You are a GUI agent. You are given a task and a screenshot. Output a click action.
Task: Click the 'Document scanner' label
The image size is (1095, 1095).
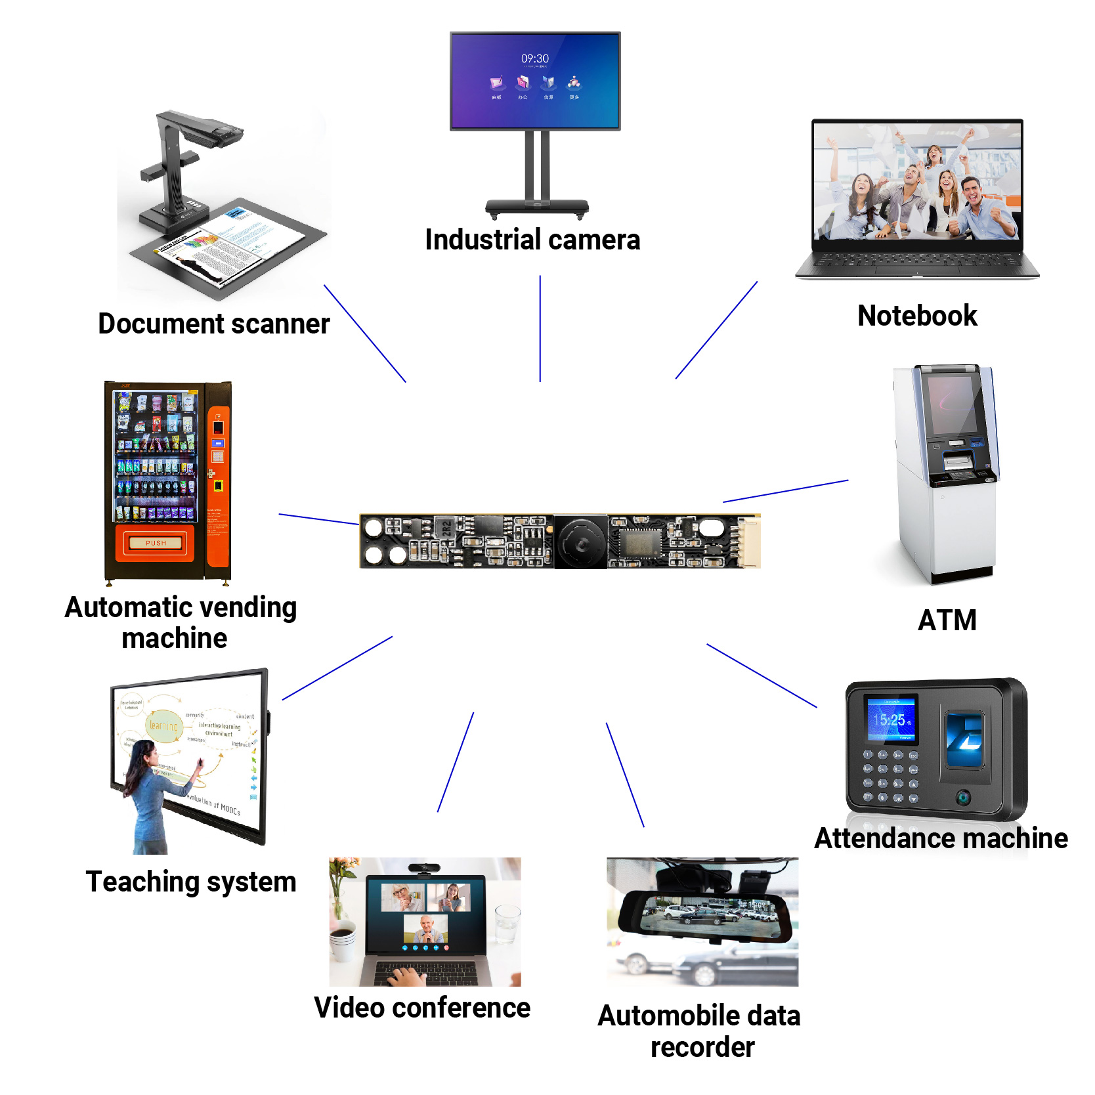[214, 324]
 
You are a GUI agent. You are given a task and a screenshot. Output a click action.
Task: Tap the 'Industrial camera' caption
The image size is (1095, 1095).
[532, 240]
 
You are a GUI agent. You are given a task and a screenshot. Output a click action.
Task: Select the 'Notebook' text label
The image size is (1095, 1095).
[917, 316]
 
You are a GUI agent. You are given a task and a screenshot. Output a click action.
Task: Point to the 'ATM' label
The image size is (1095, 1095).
[947, 620]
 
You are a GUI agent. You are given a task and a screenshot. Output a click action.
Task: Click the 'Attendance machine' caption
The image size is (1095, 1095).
[941, 838]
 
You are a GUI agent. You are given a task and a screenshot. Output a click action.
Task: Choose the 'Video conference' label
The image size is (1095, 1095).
[422, 1008]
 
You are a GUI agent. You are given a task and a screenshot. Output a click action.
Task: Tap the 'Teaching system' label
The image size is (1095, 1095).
[191, 882]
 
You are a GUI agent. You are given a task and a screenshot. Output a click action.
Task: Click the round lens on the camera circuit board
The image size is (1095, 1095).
[581, 542]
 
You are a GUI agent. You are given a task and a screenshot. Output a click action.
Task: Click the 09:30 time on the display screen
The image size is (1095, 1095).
[535, 59]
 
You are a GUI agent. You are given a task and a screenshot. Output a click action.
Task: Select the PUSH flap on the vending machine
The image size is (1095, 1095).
[156, 543]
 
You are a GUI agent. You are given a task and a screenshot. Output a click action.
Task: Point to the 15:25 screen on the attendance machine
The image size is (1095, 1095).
[891, 719]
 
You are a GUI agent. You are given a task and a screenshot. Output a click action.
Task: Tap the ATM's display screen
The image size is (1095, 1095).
[951, 403]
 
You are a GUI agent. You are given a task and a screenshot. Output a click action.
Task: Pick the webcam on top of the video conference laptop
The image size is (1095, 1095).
[423, 869]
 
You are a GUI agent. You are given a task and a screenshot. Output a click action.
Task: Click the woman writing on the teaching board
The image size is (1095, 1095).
[154, 794]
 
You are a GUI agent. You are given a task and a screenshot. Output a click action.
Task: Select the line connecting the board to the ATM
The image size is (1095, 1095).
[785, 491]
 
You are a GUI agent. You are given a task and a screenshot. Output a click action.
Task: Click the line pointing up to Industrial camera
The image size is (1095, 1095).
[540, 328]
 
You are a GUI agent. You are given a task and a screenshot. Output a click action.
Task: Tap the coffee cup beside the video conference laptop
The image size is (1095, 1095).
[341, 939]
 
